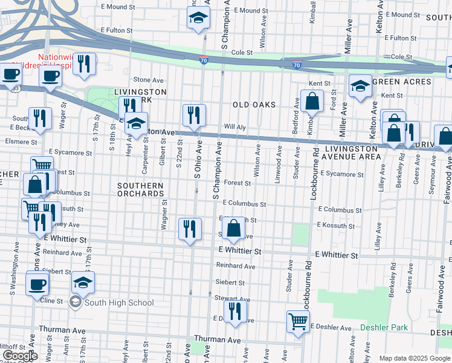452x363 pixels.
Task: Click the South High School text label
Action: [119, 302]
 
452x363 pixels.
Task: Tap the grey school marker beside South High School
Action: [76, 302]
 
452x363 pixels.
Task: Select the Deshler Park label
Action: [384, 327]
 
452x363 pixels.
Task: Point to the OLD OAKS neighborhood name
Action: [254, 105]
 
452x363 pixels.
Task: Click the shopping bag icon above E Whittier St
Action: [234, 228]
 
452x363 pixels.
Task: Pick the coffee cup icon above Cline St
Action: [37, 283]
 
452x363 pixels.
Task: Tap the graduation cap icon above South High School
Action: [83, 282]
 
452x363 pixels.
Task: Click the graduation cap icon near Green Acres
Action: [360, 85]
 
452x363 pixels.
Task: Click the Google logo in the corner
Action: [19, 356]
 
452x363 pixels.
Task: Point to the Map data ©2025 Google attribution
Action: [414, 358]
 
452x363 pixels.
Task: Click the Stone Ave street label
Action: [149, 80]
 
